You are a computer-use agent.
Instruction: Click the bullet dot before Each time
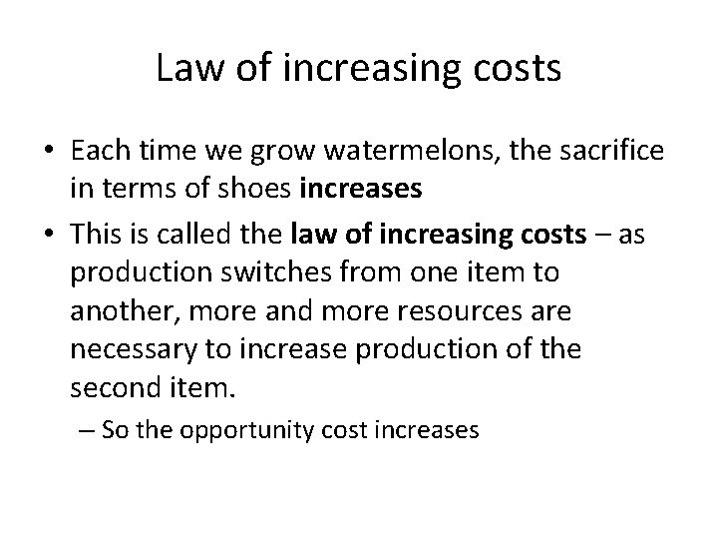click(x=48, y=151)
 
